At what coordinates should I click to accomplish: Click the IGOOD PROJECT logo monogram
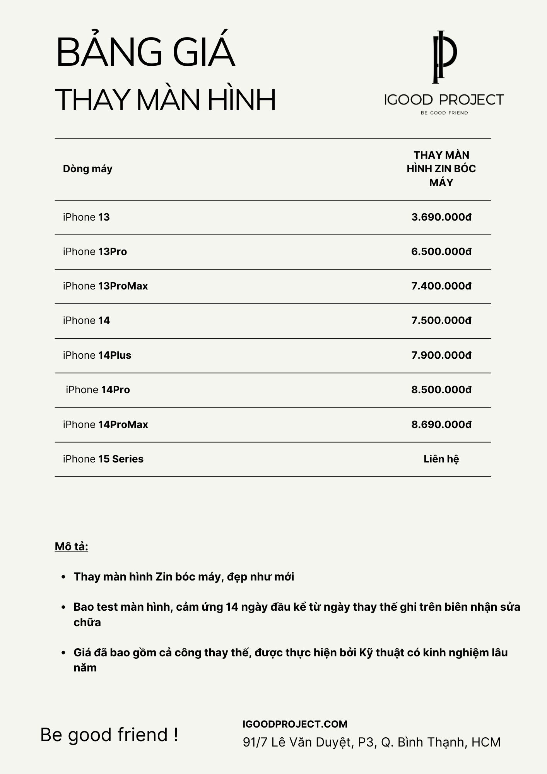(444, 57)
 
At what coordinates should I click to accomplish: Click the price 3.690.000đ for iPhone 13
(441, 217)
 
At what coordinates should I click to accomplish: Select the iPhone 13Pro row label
(95, 252)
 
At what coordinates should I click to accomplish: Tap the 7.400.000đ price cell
(441, 286)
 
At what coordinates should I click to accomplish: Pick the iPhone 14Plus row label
(97, 355)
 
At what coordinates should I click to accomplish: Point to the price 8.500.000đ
(441, 390)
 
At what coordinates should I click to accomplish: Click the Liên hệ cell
(441, 459)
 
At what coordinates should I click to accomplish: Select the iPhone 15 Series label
(103, 459)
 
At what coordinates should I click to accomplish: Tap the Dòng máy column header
(88, 169)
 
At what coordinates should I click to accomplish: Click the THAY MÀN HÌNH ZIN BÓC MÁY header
(441, 169)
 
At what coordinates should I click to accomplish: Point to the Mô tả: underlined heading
(72, 546)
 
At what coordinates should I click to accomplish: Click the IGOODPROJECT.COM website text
(295, 724)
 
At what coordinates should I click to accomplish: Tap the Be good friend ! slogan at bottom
(109, 735)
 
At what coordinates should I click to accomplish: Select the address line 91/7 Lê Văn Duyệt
(371, 742)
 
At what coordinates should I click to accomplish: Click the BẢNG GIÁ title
(145, 52)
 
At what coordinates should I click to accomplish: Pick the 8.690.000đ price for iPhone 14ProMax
(441, 425)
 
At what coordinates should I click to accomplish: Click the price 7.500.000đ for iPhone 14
(441, 320)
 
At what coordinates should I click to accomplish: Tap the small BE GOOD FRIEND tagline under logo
(444, 113)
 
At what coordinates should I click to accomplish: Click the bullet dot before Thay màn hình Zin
(63, 577)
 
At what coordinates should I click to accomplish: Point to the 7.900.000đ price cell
(441, 355)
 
